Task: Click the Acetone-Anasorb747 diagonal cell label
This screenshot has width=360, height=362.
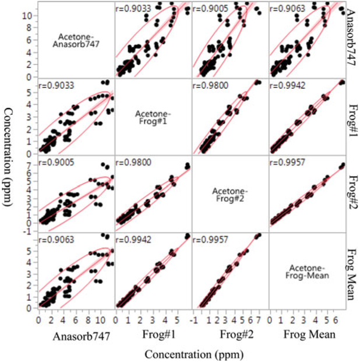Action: tap(76, 38)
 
